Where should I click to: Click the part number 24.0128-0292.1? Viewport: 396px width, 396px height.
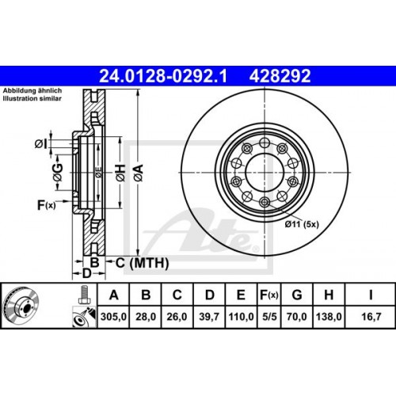pos(163,76)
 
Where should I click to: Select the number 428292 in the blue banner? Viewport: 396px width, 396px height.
pos(280,76)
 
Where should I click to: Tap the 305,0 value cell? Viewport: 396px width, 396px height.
pos(113,317)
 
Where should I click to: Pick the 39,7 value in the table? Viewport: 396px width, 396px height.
pos(209,317)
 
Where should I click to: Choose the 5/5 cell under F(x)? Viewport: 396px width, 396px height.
pos(269,317)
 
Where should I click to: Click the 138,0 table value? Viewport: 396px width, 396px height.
pos(329,317)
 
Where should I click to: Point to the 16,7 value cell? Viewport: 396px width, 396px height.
pos(371,317)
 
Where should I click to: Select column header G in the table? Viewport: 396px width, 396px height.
pos(297,295)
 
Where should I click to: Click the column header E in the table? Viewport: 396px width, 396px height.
pos(241,295)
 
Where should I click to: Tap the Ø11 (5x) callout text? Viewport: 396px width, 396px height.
pos(302,224)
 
